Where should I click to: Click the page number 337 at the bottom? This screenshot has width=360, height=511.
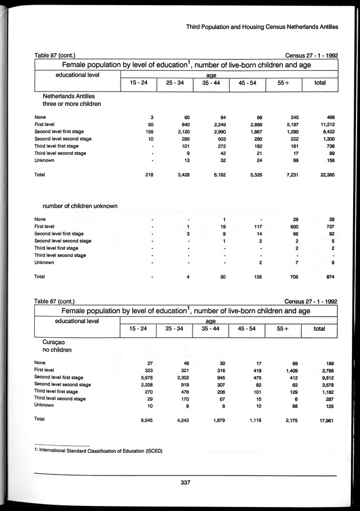pos(184,483)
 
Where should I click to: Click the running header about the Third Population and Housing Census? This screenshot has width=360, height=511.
pos(262,26)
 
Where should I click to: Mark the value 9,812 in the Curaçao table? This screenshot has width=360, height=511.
pos(326,377)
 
